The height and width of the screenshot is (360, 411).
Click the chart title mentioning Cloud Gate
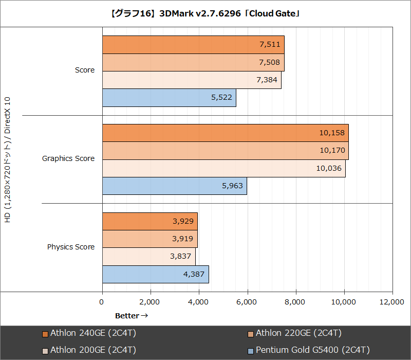pos(206,12)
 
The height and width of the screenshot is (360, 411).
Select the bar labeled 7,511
pos(193,45)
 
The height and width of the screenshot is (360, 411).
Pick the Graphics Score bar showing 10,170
pos(225,150)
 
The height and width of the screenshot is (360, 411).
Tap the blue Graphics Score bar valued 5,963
pos(174,186)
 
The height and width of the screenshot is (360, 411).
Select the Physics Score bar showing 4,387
pos(155,274)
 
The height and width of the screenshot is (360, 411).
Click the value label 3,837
pos(180,256)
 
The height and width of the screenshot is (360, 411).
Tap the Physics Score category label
pos(71,247)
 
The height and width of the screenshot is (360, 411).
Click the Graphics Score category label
pos(68,158)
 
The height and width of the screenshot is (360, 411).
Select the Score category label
pos(85,70)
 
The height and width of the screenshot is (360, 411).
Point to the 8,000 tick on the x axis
pos(296,302)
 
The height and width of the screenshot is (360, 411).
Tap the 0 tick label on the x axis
pos(102,302)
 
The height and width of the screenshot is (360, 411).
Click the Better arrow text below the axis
pos(132,315)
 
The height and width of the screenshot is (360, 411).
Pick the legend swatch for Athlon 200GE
pos(45,351)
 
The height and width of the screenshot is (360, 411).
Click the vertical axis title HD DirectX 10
pos(7,159)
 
